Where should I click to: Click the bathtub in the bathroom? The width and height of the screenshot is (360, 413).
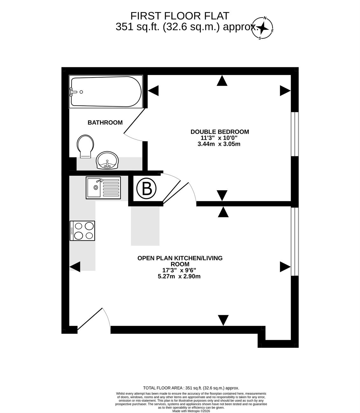point(106,91)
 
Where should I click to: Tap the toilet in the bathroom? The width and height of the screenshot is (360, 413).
point(85,146)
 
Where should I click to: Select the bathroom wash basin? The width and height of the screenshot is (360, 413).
point(107,160)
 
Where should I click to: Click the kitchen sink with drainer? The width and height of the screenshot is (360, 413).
point(103,188)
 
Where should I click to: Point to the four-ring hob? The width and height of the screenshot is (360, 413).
point(82,231)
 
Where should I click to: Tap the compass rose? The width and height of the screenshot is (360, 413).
point(262,28)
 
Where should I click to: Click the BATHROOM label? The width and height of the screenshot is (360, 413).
point(105,123)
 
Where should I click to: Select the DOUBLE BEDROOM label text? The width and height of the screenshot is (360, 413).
point(220,132)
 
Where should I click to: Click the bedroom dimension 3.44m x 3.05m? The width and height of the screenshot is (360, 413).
point(219,144)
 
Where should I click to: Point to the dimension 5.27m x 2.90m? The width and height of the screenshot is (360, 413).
point(179,276)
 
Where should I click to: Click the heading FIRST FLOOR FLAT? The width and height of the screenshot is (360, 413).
point(180,16)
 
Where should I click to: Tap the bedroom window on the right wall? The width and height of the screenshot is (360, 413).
point(295,134)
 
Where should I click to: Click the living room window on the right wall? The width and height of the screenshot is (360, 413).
point(295,241)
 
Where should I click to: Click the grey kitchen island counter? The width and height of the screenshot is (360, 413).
point(145,226)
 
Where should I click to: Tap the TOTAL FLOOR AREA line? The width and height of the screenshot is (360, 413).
point(191,388)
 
